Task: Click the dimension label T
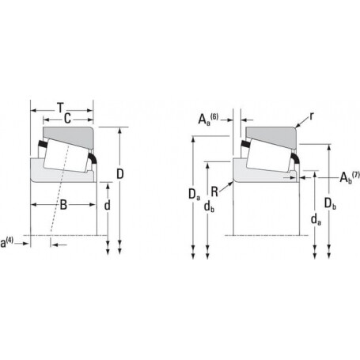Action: point(61,108)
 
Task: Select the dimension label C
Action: point(67,119)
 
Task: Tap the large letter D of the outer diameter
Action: point(120,174)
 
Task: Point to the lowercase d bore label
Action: point(108,205)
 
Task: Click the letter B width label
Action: point(63,205)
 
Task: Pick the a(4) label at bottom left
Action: point(6,242)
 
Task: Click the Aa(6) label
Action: point(208,119)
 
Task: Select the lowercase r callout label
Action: point(312,116)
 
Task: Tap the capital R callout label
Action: point(214,191)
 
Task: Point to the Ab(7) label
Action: point(350,177)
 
